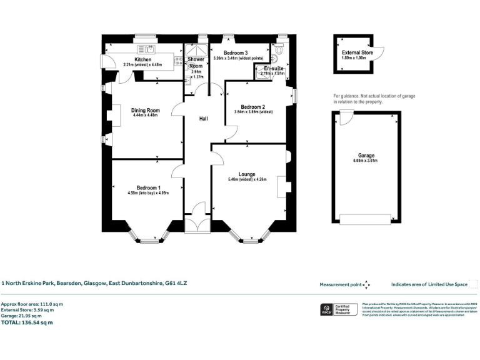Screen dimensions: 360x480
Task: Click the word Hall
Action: [x=204, y=118]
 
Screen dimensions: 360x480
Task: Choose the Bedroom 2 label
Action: [x=253, y=106]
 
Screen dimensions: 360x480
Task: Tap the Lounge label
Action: [x=247, y=174]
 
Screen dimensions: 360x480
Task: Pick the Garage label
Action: [x=366, y=156]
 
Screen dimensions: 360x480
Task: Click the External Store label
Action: [x=357, y=53]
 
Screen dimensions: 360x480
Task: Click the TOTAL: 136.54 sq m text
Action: [x=27, y=322]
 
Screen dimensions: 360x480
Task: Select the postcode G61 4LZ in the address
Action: [x=176, y=283]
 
